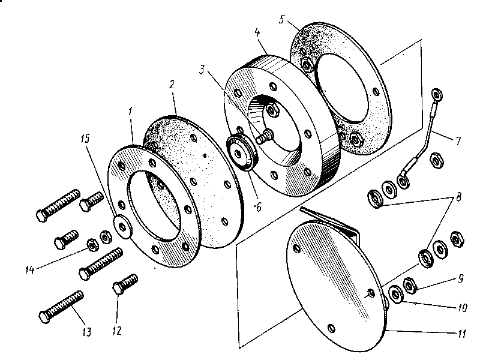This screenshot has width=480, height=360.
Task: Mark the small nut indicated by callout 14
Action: tap(94, 245)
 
